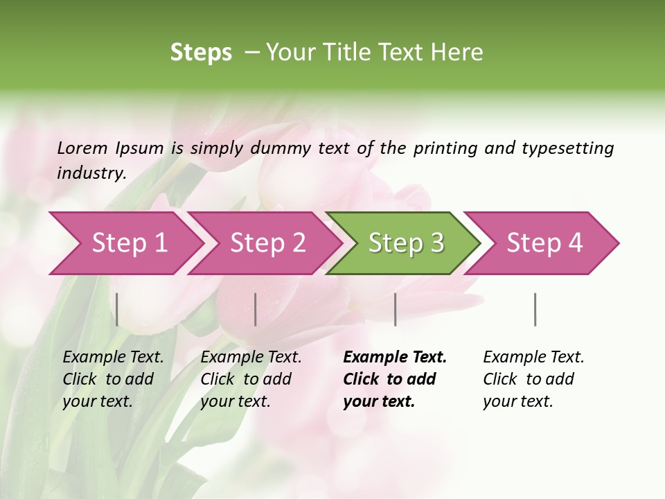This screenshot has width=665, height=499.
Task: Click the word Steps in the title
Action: pos(201,53)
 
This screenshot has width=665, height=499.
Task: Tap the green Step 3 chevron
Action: pos(406,243)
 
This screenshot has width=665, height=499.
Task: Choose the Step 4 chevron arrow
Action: pos(544,243)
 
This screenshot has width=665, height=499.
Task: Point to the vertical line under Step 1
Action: pos(117,309)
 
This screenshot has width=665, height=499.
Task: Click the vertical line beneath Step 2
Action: pos(256,309)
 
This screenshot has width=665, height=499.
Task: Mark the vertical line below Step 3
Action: pos(395,309)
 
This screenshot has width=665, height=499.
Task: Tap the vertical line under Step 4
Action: pos(535,309)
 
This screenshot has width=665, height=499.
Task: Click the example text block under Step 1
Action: pos(113,379)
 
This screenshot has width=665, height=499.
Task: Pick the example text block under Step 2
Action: pos(251,379)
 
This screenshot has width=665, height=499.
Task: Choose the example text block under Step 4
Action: pos(533,379)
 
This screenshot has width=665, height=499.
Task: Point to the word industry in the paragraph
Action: pos(91,173)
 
